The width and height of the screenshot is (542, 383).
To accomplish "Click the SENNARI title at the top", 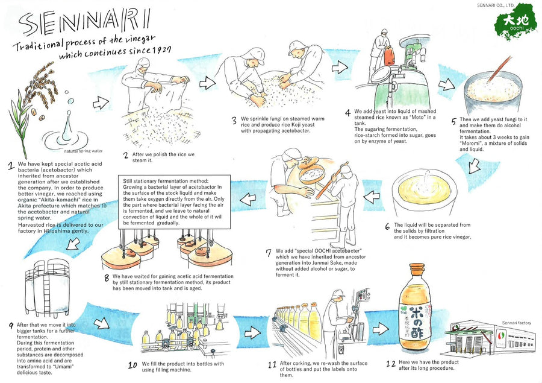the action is tap(85, 22).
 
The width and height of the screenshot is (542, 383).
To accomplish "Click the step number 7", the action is tap(269, 253).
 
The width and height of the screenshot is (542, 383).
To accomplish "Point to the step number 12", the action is tap(391, 364).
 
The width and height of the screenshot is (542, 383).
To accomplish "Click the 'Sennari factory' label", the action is tap(517, 323).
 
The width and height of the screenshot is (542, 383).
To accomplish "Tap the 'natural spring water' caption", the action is tap(83, 151).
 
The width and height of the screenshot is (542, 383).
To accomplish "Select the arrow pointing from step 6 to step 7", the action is tap(372, 197).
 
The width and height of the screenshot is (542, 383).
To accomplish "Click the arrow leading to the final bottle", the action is tap(381, 328).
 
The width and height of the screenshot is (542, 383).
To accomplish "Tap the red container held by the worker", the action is tap(390, 56).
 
